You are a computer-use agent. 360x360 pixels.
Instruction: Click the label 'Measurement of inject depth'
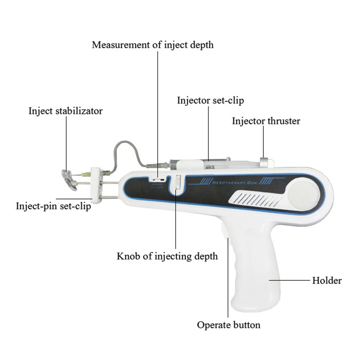153,45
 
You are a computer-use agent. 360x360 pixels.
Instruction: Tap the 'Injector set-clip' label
210,100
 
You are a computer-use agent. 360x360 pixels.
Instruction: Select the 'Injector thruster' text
266,121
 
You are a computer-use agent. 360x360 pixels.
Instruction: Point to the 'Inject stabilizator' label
66,111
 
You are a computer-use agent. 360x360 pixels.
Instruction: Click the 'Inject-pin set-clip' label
53,207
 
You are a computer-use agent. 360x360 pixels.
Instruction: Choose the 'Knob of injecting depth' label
167,256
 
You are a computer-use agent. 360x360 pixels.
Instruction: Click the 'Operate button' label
229,325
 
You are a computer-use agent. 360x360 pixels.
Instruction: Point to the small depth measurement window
158,178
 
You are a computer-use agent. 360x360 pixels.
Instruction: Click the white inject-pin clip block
96,183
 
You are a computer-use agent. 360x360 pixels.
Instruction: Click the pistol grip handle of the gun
256,274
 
